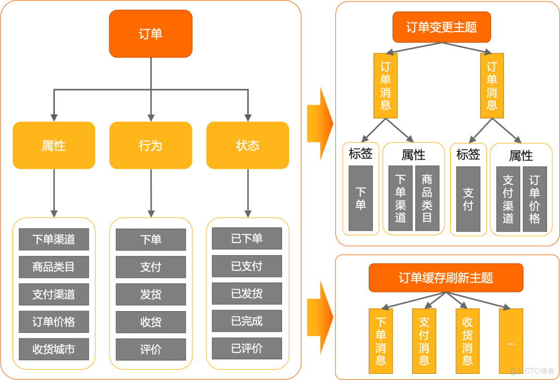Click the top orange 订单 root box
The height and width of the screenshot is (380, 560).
150,34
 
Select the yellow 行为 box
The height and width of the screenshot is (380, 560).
150,146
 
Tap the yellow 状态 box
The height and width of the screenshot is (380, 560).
247,146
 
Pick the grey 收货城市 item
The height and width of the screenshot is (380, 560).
54,349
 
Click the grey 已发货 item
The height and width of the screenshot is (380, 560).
247,294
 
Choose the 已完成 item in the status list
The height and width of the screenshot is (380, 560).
247,321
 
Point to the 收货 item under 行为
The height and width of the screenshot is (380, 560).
150,322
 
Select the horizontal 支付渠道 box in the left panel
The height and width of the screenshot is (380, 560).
54,294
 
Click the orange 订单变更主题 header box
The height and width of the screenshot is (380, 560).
441,27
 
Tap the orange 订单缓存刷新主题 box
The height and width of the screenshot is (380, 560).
446,278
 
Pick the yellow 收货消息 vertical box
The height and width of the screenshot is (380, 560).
467,341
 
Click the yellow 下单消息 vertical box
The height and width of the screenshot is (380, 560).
381,341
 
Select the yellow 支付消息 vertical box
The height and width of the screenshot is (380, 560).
424,341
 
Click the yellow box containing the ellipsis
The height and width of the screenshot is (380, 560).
511,341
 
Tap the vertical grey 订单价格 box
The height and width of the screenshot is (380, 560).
535,199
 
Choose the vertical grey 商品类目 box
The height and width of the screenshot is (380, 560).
427,199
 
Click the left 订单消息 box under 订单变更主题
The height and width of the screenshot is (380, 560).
385,86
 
